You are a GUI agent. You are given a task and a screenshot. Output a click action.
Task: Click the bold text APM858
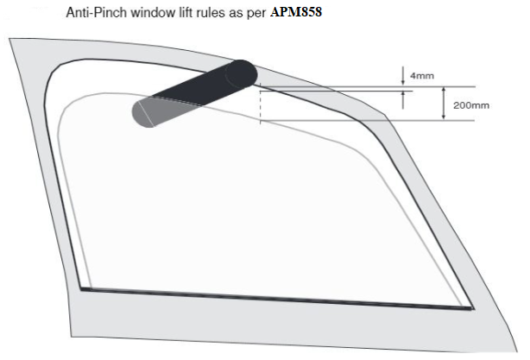(296, 12)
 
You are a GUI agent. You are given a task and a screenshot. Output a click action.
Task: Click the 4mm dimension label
(422, 76)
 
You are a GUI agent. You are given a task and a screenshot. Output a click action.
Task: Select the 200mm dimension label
(471, 105)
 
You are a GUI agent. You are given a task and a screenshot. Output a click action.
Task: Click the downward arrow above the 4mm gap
(402, 76)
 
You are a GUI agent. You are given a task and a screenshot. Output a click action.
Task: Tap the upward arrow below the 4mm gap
(402, 100)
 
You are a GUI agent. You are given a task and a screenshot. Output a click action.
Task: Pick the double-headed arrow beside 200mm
(444, 104)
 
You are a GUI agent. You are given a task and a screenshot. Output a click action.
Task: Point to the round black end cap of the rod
(241, 73)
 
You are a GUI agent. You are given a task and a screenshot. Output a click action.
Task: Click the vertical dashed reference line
(261, 103)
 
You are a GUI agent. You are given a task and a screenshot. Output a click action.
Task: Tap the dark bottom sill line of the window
(276, 298)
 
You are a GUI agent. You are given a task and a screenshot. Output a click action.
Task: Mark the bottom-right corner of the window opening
(473, 308)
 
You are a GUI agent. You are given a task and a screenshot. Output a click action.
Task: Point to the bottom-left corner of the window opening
(81, 288)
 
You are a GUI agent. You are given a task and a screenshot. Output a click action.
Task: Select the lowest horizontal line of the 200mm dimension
(367, 120)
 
